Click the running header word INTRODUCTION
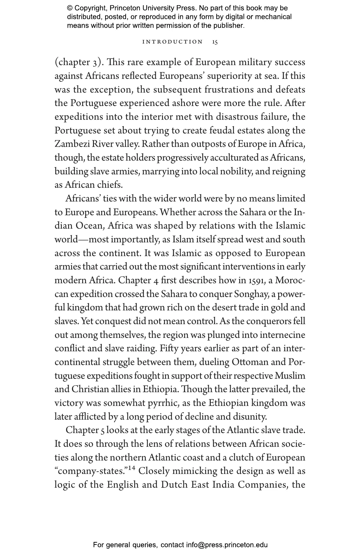pos(173,42)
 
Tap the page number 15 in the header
pos(215,42)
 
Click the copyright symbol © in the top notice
pos(70,8)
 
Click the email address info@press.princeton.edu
pos(227,545)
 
